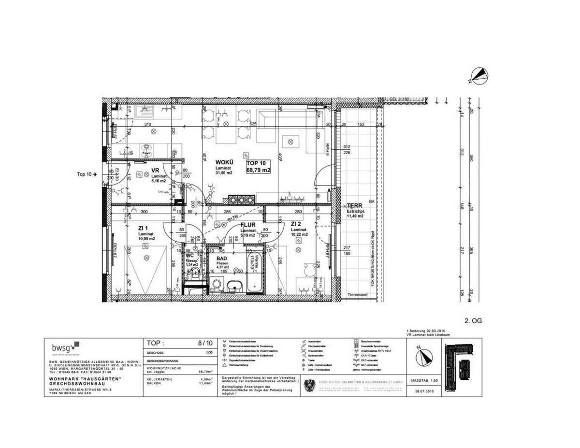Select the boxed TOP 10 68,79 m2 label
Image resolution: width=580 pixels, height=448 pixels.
[x=259, y=166]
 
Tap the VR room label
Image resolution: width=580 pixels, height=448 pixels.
[x=156, y=171]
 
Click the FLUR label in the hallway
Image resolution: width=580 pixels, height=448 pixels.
[x=248, y=225]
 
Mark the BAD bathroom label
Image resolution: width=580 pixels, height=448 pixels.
[x=221, y=259]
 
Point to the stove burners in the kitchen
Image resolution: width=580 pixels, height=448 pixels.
[x=240, y=199]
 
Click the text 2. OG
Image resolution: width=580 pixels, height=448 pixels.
[x=473, y=320]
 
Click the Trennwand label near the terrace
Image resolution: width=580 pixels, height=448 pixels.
[x=358, y=295]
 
